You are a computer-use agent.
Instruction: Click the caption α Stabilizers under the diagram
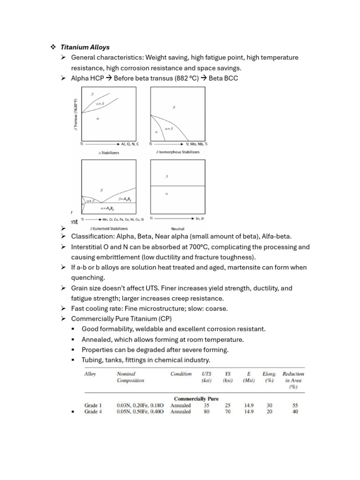[x=109, y=152]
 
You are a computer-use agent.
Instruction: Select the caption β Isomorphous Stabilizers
[x=177, y=152]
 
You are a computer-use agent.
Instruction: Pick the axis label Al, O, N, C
[x=130, y=144]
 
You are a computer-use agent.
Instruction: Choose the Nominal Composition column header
[x=130, y=377]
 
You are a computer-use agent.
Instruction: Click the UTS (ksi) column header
[x=206, y=377]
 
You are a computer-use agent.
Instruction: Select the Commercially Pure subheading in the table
[x=196, y=398]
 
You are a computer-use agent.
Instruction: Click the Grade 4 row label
[x=92, y=412]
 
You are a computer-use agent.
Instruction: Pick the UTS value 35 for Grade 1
[x=206, y=405]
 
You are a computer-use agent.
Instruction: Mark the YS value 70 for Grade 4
[x=228, y=412]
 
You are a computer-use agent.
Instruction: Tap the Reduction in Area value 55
[x=295, y=405]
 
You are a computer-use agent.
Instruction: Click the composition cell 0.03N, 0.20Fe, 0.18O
[x=140, y=405]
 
